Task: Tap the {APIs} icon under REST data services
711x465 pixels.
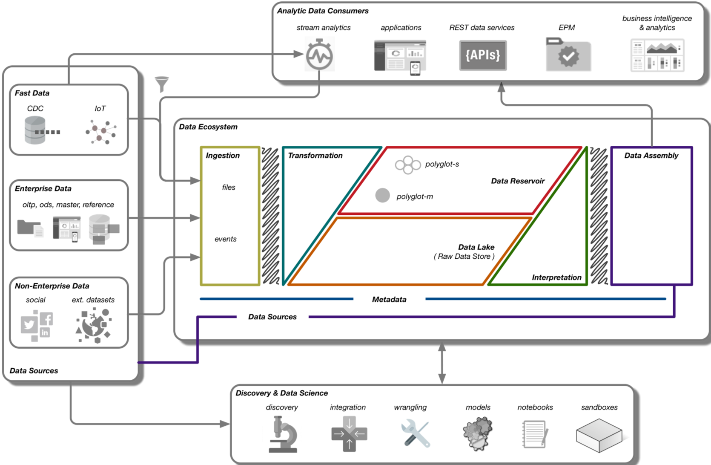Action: click(483, 55)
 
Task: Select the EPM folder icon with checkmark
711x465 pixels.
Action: click(568, 55)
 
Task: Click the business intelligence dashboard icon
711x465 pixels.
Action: click(657, 55)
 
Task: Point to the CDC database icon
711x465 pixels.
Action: click(35, 130)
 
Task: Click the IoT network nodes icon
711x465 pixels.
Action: click(101, 132)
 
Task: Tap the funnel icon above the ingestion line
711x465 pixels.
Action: click(162, 84)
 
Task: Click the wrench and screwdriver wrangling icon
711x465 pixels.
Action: click(415, 433)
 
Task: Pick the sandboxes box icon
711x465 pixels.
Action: click(599, 435)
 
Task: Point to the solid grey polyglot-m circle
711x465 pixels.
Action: click(382, 195)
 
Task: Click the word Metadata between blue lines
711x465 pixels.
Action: click(389, 300)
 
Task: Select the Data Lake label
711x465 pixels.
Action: click(476, 247)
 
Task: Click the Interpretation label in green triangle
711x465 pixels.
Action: click(556, 277)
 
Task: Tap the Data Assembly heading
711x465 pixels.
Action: click(651, 156)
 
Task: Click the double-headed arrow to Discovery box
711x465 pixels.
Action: click(442, 362)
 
